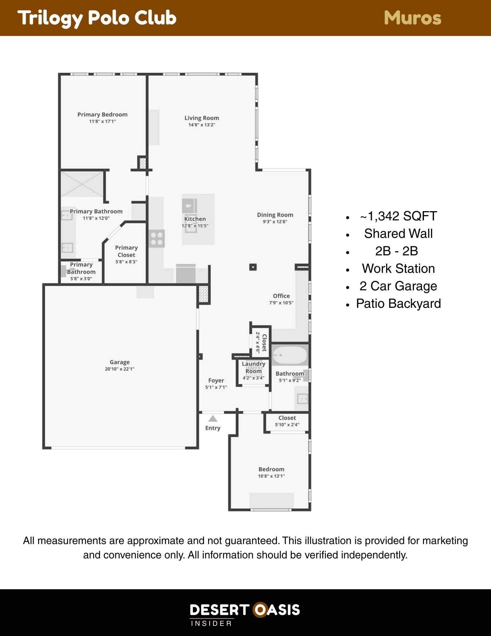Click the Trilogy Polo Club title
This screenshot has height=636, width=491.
(x=97, y=18)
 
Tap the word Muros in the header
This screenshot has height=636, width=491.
(x=413, y=18)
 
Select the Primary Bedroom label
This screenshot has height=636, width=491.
(x=102, y=114)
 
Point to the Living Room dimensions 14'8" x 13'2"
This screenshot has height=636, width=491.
(x=202, y=125)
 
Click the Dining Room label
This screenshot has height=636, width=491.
(x=275, y=215)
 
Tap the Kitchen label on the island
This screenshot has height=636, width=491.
(x=195, y=219)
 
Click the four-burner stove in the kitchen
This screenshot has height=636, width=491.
(x=157, y=238)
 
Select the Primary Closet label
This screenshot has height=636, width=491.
(x=126, y=251)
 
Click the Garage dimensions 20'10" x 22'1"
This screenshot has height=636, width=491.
(x=120, y=369)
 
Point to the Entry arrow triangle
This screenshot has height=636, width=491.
(x=213, y=418)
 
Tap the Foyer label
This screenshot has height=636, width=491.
(x=216, y=380)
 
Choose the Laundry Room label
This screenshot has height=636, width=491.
(x=254, y=367)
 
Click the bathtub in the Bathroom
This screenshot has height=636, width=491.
(x=290, y=355)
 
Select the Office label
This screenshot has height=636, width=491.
(x=281, y=296)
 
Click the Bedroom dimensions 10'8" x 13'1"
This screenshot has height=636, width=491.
(x=271, y=476)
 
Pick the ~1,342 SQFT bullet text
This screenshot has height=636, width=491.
(x=399, y=216)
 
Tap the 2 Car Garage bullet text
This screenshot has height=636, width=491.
(x=399, y=286)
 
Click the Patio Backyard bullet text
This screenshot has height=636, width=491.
(x=399, y=304)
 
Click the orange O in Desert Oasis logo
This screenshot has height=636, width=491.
(x=260, y=610)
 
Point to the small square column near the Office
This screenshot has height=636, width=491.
(x=253, y=267)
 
